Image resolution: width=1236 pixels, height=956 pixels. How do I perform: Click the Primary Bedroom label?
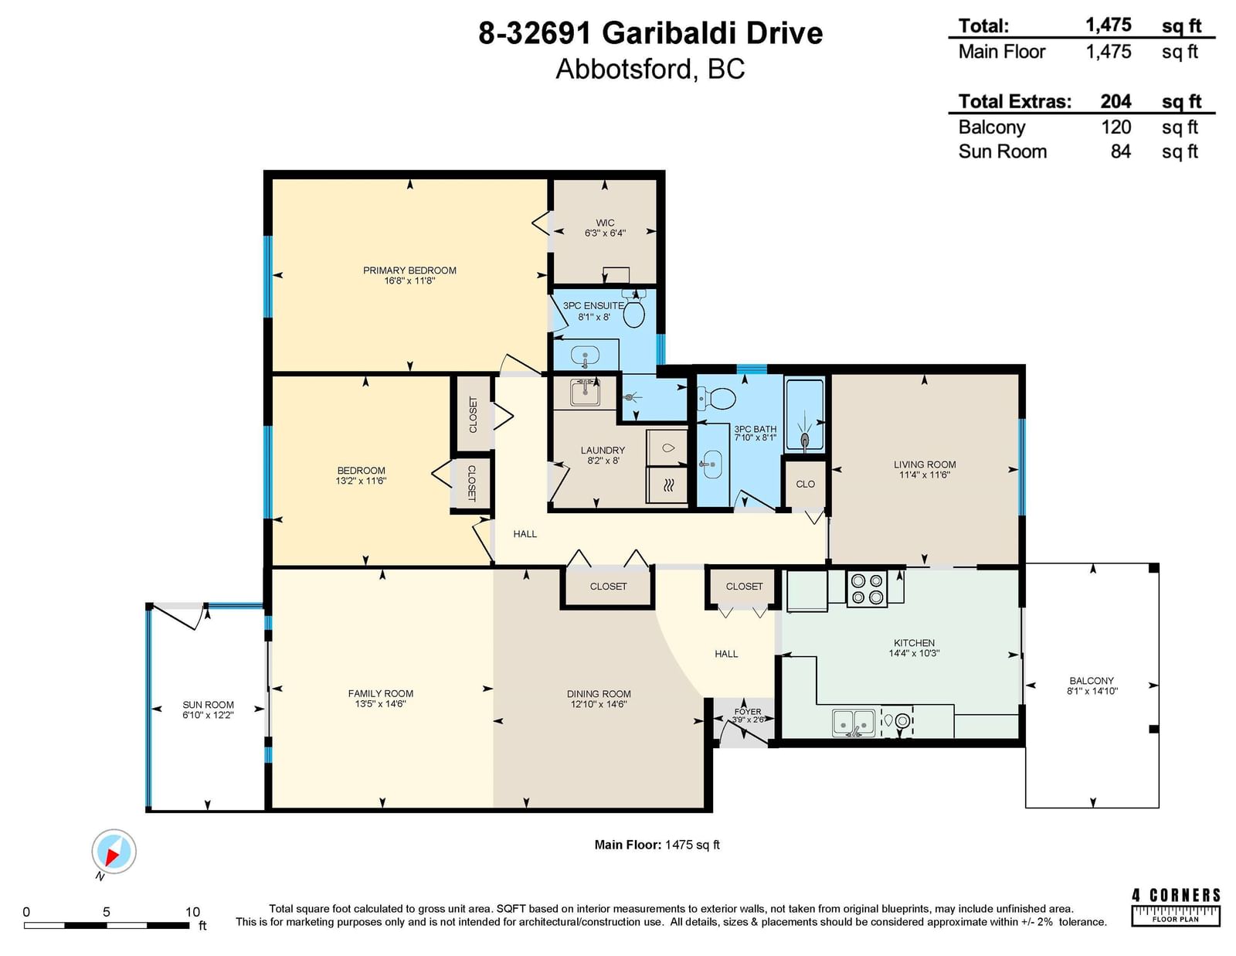[x=409, y=270]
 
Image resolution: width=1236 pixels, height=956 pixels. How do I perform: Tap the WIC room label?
[x=605, y=223]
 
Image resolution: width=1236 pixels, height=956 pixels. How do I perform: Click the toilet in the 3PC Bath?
[x=717, y=398]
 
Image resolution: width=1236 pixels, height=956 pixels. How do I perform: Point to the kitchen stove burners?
[x=867, y=588]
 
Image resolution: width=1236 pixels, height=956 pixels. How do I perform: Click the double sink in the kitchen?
[x=854, y=723]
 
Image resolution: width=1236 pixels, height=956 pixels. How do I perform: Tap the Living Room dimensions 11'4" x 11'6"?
[x=925, y=475]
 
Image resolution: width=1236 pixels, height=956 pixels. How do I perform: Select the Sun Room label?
[x=208, y=705]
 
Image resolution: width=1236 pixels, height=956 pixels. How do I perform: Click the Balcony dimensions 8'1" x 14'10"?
[x=1092, y=691]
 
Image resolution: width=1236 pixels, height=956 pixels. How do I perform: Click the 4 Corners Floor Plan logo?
[x=1176, y=907]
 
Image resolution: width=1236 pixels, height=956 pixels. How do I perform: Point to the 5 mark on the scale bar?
[x=107, y=912]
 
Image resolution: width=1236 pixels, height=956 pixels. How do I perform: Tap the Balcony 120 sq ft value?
[x=1116, y=127]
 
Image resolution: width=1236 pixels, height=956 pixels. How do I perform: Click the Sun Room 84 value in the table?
[x=1121, y=151]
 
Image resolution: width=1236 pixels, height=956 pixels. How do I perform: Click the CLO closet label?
[x=805, y=484]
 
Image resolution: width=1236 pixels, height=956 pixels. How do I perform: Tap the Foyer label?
[x=748, y=711]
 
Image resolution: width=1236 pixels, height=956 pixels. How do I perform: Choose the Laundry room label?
[x=603, y=450]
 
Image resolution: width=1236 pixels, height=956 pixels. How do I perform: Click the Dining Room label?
[x=599, y=694]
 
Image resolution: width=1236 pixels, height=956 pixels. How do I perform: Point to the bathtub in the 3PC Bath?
[x=805, y=414]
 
